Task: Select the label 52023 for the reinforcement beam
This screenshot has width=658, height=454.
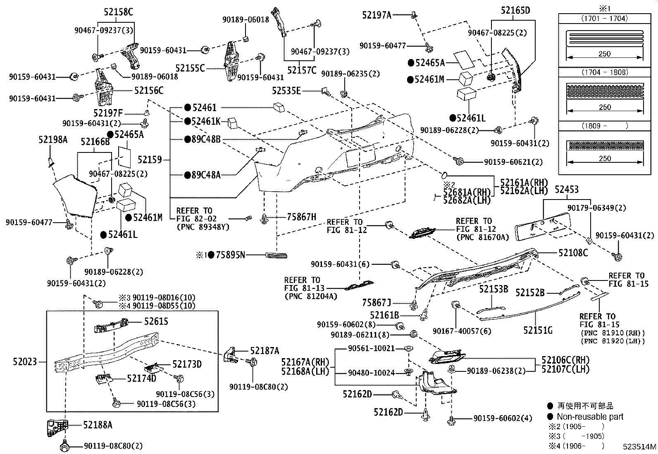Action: pyautogui.click(x=25, y=362)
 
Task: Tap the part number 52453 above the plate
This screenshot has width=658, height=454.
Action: pyautogui.click(x=566, y=189)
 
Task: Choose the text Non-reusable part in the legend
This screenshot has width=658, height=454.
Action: pyautogui.click(x=590, y=416)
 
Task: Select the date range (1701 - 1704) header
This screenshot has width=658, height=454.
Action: pyautogui.click(x=604, y=18)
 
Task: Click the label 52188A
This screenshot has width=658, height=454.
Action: pyautogui.click(x=98, y=425)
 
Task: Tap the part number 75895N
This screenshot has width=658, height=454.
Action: pyautogui.click(x=230, y=255)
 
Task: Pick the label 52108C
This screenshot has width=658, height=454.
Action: pyautogui.click(x=573, y=253)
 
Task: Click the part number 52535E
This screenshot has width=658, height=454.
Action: pyautogui.click(x=286, y=90)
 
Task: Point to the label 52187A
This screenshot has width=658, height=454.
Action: pyautogui.click(x=265, y=351)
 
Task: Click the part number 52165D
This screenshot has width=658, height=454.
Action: pyautogui.click(x=515, y=11)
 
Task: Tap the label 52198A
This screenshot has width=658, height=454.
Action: pyautogui.click(x=53, y=140)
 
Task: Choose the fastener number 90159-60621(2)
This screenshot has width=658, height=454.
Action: pyautogui.click(x=513, y=162)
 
